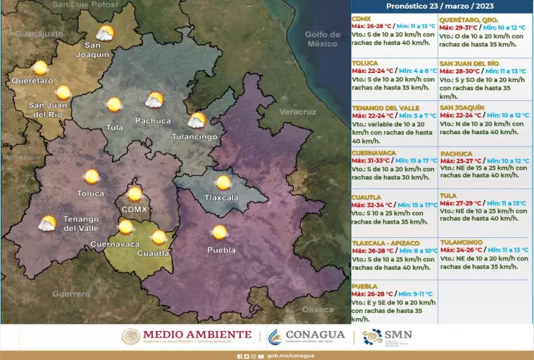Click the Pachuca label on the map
point(152,120)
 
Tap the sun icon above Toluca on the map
point(92,176)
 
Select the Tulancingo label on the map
point(194,136)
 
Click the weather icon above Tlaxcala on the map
point(223,183)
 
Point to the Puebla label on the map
point(221,250)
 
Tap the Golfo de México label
point(322,39)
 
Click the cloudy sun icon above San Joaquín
point(105,33)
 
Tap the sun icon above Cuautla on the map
point(159,237)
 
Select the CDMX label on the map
point(134,209)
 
